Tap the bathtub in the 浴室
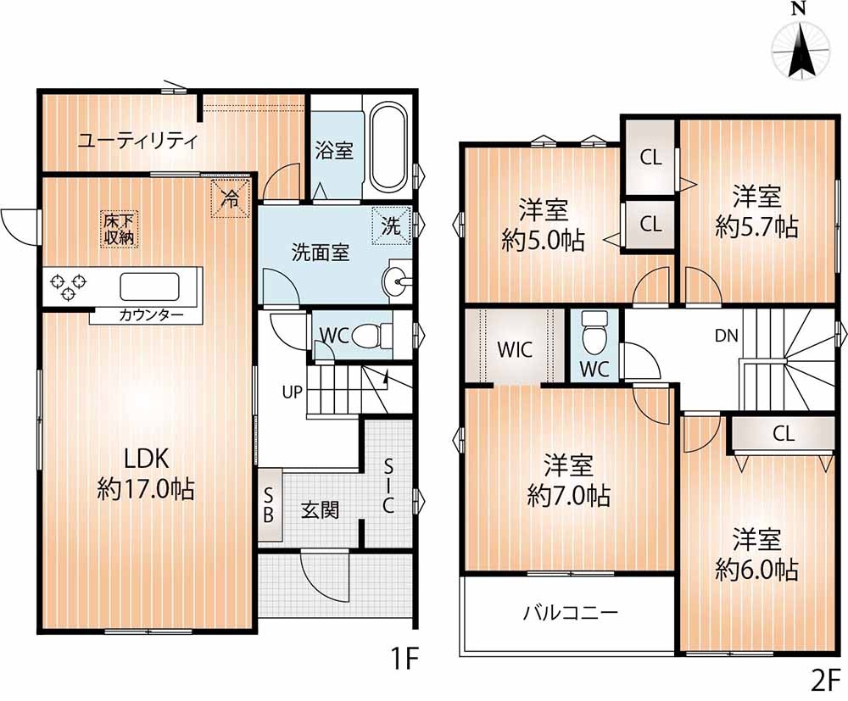(x=388, y=147)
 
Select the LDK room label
(x=147, y=459)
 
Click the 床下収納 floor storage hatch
(x=119, y=230)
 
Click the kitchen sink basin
(x=149, y=287)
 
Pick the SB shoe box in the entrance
(x=270, y=505)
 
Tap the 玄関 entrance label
(x=321, y=509)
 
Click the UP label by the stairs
(x=292, y=392)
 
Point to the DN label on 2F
(x=727, y=336)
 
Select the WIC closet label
(x=515, y=350)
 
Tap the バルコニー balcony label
(x=570, y=613)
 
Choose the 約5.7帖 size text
(x=756, y=226)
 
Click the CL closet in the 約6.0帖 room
(x=784, y=434)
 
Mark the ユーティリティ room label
(x=138, y=141)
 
